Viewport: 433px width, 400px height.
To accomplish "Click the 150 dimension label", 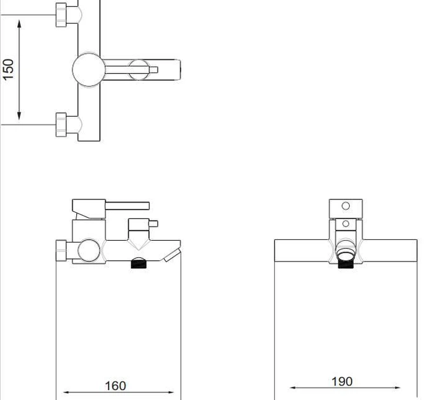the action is [x=8, y=70].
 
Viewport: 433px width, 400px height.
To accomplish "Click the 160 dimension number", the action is [x=116, y=385].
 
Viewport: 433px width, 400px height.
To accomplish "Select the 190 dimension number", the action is [x=342, y=382].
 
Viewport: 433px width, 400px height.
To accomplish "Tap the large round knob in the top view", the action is [x=89, y=70].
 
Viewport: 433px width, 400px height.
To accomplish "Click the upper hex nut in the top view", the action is [x=61, y=15].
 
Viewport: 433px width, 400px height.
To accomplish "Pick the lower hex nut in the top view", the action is [x=61, y=125].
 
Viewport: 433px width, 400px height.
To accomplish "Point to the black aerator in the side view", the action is [x=138, y=263].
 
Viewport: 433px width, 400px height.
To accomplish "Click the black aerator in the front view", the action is [x=346, y=264].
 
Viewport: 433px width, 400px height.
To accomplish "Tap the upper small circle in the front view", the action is [x=346, y=206].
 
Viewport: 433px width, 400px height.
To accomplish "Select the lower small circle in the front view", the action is [x=346, y=223].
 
